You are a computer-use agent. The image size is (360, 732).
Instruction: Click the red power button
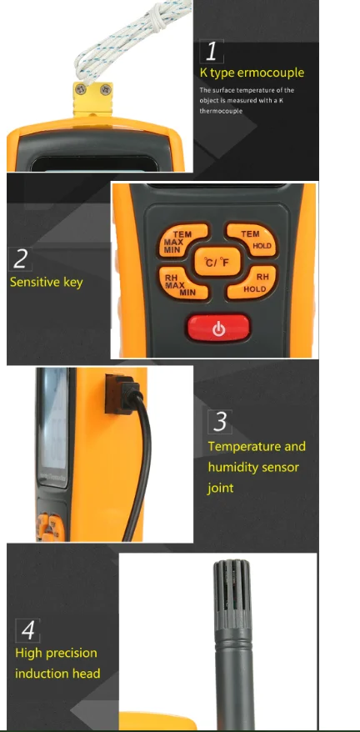point(218,328)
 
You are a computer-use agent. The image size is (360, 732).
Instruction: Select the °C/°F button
point(217,263)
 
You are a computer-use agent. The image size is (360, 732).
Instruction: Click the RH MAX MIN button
point(177,283)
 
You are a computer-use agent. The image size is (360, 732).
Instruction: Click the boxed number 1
point(214,52)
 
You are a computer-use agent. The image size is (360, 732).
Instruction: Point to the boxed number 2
point(21,259)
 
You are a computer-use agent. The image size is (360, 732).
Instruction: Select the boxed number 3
point(220,421)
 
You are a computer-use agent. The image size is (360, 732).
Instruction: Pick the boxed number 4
point(27,629)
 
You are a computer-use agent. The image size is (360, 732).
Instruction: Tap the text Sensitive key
point(47,282)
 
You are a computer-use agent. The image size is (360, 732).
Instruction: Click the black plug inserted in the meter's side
point(113,392)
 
